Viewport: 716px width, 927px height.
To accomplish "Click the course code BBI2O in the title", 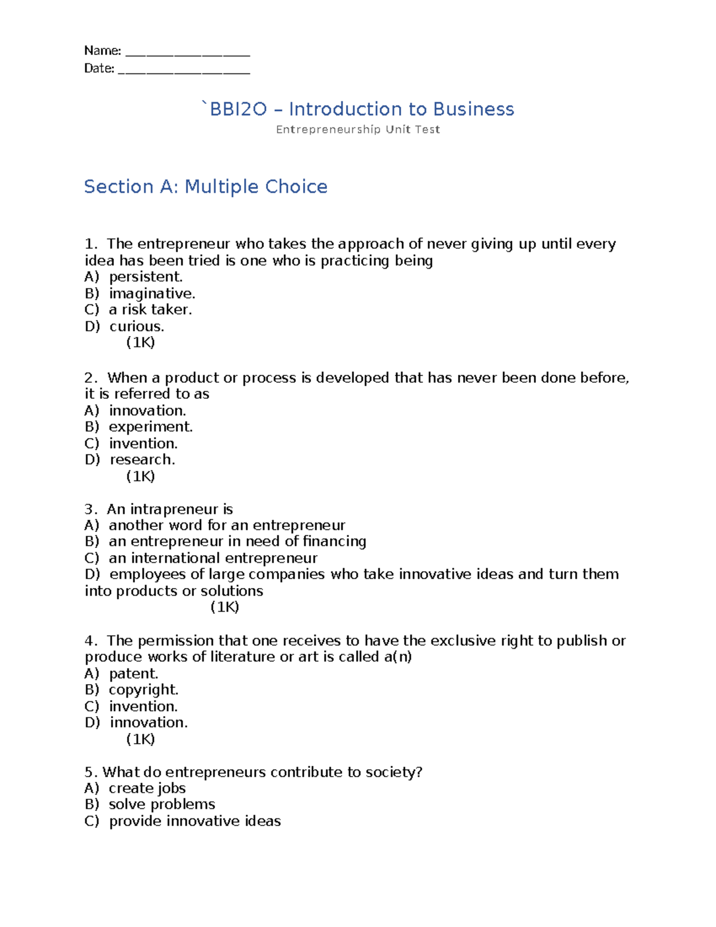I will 237,109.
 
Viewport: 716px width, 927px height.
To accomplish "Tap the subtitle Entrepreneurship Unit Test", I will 358,130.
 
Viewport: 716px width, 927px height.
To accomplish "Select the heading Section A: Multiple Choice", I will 206,187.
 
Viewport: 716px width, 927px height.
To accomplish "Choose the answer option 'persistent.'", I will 146,277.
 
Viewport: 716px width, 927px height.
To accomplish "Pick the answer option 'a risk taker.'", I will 150,310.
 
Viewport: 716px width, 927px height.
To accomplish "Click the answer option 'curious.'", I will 137,327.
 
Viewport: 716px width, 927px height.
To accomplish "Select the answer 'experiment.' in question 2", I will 150,427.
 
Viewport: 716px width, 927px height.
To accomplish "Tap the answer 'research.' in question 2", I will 142,460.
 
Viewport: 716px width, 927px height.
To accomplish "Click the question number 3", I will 90,509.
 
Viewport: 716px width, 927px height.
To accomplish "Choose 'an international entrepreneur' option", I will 213,558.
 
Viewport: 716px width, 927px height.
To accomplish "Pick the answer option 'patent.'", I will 134,674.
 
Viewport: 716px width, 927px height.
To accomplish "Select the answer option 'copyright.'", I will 143,690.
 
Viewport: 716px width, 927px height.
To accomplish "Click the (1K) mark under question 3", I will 225,607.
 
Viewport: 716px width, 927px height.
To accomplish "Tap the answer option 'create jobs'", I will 147,789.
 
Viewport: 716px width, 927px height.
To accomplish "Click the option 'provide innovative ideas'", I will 195,821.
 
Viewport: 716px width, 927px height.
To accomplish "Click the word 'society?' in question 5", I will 394,772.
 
